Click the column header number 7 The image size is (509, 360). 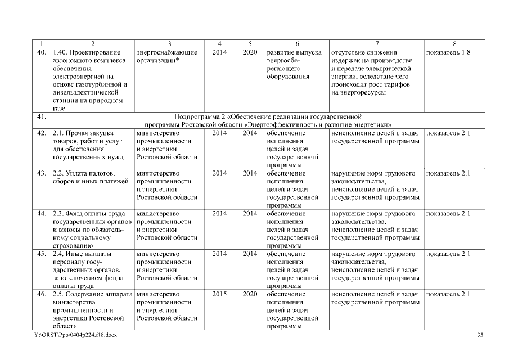(377, 43)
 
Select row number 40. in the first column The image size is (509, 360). (41, 52)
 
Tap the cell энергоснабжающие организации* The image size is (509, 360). (167, 56)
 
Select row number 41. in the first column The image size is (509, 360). (41, 116)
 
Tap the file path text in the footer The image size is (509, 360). (76, 335)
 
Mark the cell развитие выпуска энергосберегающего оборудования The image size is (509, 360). (295, 64)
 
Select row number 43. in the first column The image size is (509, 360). (41, 173)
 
